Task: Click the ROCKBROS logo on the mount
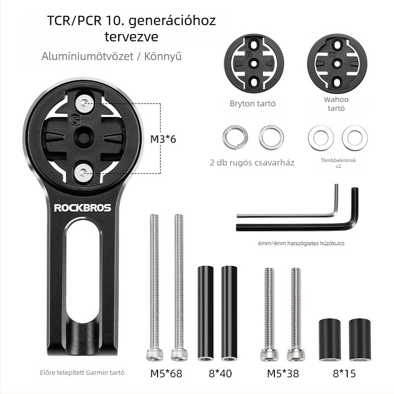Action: click(x=82, y=208)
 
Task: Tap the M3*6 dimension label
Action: click(x=163, y=139)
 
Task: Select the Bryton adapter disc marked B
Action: click(x=254, y=64)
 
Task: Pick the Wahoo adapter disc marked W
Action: click(x=337, y=64)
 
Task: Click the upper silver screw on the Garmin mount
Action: click(x=84, y=103)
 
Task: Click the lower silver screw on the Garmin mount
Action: click(x=83, y=173)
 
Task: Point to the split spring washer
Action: click(x=235, y=137)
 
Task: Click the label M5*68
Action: click(x=166, y=373)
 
